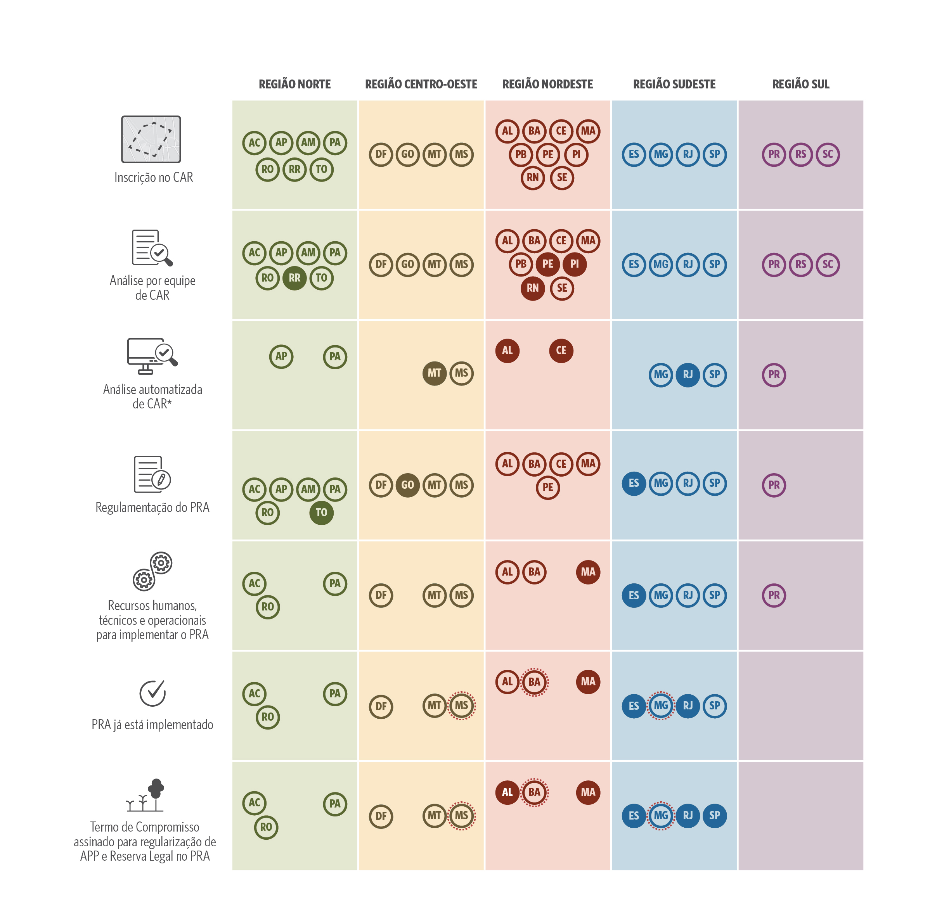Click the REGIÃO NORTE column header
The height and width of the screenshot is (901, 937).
(x=294, y=84)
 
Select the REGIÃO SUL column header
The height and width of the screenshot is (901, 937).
(x=801, y=84)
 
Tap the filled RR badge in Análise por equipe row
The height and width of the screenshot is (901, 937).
(x=294, y=278)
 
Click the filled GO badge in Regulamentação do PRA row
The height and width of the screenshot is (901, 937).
(x=407, y=485)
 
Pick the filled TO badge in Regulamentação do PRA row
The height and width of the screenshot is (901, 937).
(x=321, y=513)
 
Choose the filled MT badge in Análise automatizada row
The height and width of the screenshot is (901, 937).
(x=434, y=373)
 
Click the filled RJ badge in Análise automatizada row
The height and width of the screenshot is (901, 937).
(x=688, y=375)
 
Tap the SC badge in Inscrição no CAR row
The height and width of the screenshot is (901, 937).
(x=828, y=154)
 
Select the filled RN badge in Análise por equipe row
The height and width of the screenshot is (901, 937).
(x=533, y=288)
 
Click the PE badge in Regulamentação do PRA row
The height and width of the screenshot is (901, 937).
(x=547, y=488)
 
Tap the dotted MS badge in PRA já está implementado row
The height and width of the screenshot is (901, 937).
(x=461, y=706)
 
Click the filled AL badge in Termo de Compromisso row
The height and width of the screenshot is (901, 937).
(x=507, y=792)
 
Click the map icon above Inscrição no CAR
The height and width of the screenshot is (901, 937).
(x=151, y=139)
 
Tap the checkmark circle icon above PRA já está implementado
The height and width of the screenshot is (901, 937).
(x=152, y=693)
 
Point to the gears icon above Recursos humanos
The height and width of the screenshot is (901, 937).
(x=152, y=571)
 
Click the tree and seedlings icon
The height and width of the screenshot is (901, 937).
(x=146, y=796)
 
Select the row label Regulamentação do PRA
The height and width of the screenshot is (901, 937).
(x=152, y=508)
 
